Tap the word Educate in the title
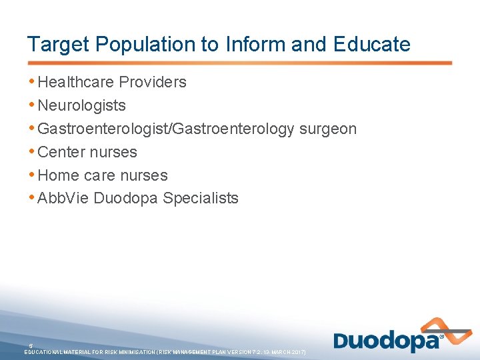coord(373,45)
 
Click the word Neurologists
coord(81,105)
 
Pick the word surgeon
coord(328,129)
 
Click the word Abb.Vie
coord(63,198)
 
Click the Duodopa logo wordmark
coord(387,341)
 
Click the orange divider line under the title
coord(239,63)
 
